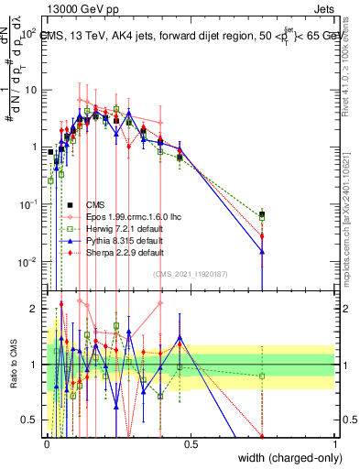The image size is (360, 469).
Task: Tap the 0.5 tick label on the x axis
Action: tap(191, 444)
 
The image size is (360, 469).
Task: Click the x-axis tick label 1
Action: tap(334, 444)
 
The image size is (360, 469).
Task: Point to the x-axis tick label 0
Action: tap(48, 444)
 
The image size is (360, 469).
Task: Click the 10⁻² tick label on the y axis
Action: tap(28, 262)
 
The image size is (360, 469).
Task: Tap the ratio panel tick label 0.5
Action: tap(33, 420)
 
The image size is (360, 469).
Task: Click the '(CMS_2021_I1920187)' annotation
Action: tap(191, 273)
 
